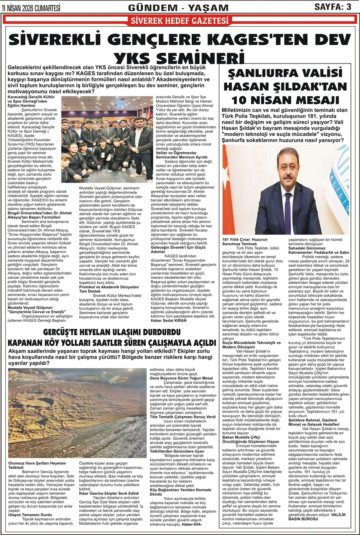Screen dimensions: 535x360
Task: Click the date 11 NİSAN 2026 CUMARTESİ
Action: pyautogui.click(x=31, y=8)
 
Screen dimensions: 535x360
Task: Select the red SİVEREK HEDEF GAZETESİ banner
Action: pyautogui.click(x=180, y=21)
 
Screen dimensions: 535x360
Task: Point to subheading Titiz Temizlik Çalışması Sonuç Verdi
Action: pyautogui.click(x=183, y=417)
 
